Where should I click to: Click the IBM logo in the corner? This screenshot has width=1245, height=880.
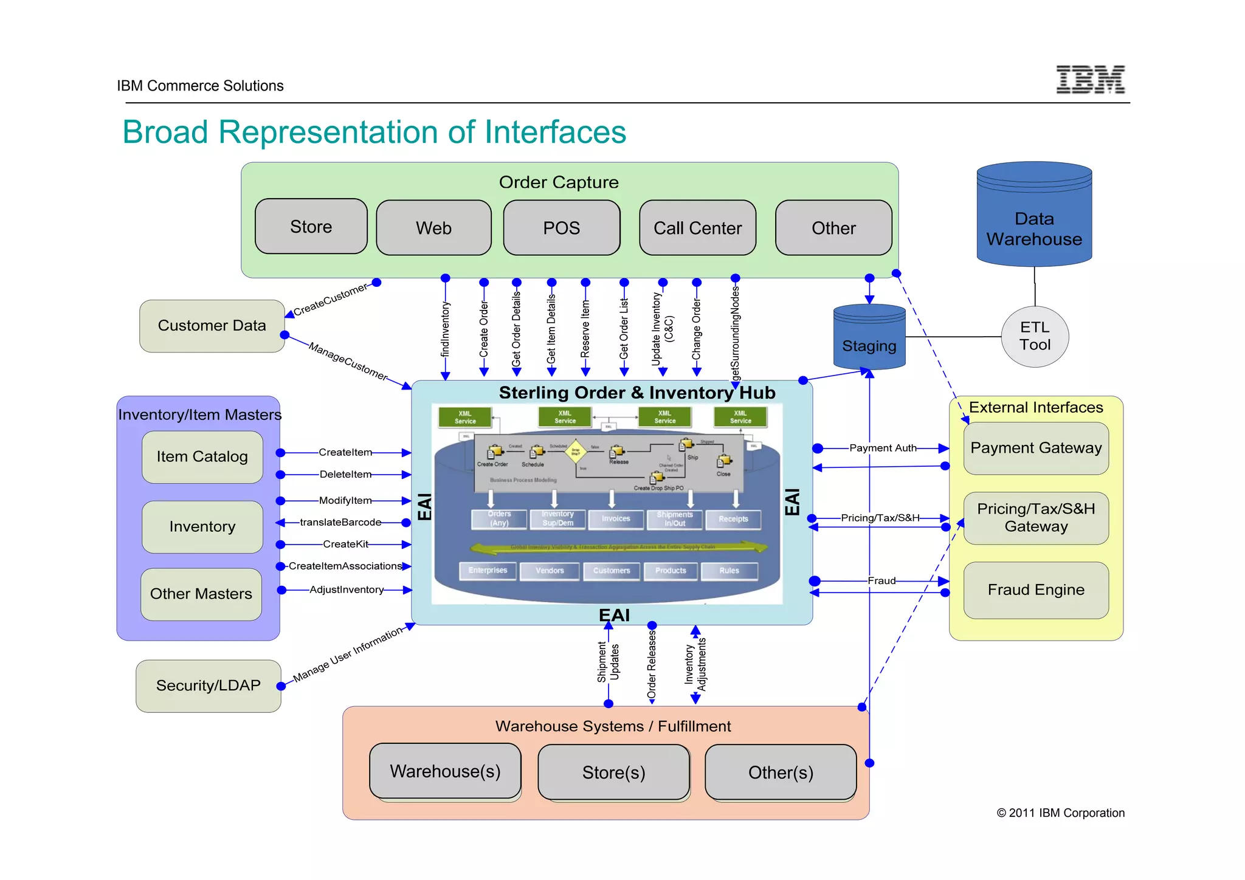pyautogui.click(x=1090, y=80)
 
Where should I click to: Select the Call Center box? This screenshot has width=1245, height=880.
pyautogui.click(x=697, y=228)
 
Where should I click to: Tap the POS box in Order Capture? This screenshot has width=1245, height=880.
pyautogui.click(x=561, y=228)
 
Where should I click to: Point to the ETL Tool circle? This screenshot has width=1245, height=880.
pyautogui.click(x=1035, y=336)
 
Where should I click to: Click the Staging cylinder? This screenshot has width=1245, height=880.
pyautogui.click(x=869, y=340)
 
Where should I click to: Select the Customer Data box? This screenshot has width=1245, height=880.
pyautogui.click(x=212, y=326)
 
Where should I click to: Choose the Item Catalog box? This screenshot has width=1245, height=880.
pyautogui.click(x=202, y=457)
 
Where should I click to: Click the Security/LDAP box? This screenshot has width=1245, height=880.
pyautogui.click(x=208, y=686)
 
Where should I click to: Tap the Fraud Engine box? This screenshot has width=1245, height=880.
pyautogui.click(x=1036, y=590)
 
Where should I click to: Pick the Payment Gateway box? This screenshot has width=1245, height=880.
pyautogui.click(x=1036, y=449)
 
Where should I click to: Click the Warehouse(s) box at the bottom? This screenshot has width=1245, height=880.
pyautogui.click(x=445, y=771)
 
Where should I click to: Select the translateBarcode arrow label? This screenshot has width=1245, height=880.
pyautogui.click(x=340, y=522)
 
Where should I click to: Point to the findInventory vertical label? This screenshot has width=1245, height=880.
pyautogui.click(x=445, y=329)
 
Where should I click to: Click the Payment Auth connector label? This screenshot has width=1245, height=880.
pyautogui.click(x=883, y=448)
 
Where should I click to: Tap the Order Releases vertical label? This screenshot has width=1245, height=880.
pyautogui.click(x=652, y=665)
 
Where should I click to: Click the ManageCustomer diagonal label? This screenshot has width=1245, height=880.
pyautogui.click(x=348, y=361)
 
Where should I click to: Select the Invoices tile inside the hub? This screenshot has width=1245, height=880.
pyautogui.click(x=616, y=518)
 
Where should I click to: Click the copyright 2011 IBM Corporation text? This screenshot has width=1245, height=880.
pyautogui.click(x=1060, y=813)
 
